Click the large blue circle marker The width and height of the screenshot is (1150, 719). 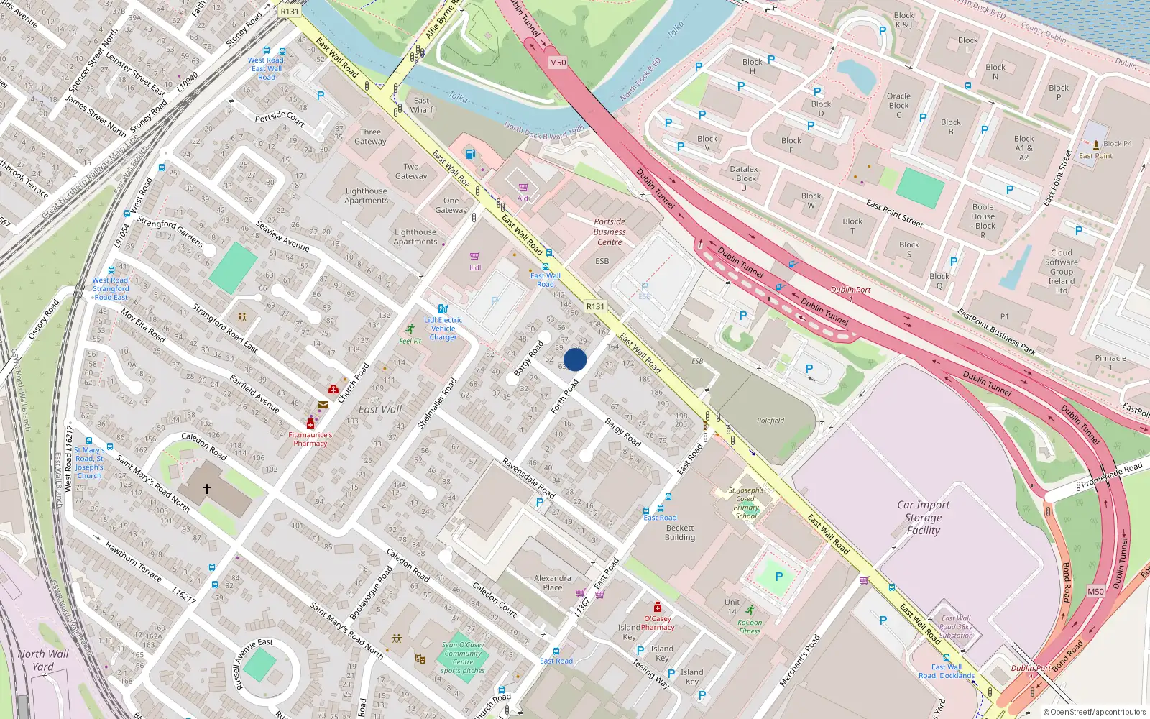pos(575,359)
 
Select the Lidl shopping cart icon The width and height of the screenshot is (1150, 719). pos(474,257)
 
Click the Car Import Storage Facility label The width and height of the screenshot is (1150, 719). pos(923,518)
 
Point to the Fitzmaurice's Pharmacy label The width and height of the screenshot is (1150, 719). pos(310,439)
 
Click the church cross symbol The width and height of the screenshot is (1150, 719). pos(206,489)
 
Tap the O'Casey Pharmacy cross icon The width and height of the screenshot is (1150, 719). pos(657,608)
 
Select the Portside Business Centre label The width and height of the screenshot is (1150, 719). pos(609,232)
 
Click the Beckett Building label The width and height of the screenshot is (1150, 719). pos(679,532)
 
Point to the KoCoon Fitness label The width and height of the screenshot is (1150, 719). pos(750,627)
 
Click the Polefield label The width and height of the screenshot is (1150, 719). pos(770,421)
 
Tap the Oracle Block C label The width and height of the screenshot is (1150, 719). pos(898,105)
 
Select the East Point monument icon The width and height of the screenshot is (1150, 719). pos(1095,145)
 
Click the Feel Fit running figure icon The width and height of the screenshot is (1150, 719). pos(410,329)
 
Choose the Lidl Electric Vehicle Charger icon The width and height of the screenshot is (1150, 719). pos(443,309)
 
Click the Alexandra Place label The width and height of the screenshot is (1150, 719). pos(552,582)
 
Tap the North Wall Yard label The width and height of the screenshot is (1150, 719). pos(43,660)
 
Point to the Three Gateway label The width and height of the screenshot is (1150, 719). pos(370,137)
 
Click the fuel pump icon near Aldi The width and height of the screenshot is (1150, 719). pos(470,153)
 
